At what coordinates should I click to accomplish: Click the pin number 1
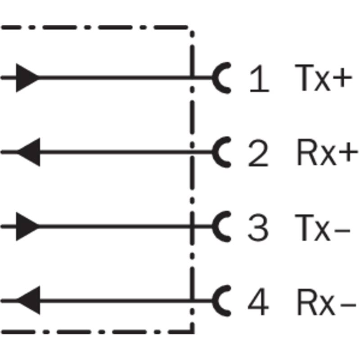260,78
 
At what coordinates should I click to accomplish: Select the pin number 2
258,153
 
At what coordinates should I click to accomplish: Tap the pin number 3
258,228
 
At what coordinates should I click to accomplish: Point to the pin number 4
258,301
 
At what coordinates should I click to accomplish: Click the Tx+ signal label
323,78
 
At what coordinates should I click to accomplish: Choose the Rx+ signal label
328,152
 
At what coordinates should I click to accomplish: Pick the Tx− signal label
323,228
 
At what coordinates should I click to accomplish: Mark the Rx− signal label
327,301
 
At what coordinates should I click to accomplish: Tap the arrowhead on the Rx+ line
28,152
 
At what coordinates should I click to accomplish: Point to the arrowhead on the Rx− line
28,300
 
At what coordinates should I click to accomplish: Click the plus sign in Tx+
342,77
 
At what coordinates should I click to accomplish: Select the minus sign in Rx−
348,305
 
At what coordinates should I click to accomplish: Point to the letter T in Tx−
304,228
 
